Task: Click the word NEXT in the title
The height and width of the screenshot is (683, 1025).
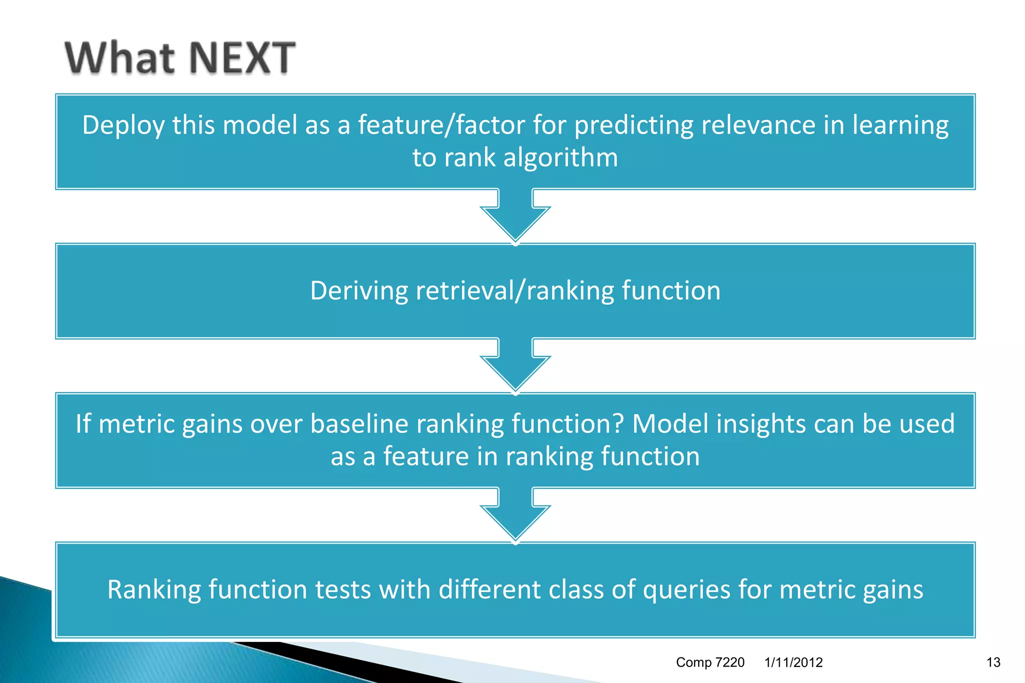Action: tap(242, 58)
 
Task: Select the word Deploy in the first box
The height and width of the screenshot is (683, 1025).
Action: tap(123, 125)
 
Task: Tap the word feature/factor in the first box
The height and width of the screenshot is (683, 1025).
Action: tap(441, 125)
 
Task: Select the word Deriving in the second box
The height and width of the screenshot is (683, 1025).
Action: tap(359, 291)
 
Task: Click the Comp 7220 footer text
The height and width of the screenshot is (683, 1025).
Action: tap(710, 662)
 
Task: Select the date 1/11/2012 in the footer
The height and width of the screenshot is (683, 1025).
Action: tap(793, 662)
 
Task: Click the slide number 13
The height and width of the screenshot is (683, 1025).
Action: tap(993, 662)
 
